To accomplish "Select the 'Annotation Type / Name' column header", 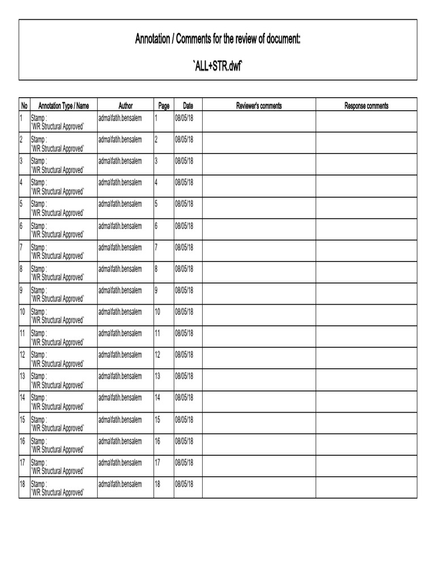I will (64, 106).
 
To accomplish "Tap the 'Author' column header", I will (125, 106).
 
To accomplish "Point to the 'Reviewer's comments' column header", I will (259, 106).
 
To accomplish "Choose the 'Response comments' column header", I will (366, 106).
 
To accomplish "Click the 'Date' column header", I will (188, 106).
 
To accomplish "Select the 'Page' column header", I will (164, 106).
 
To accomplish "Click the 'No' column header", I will (24, 106).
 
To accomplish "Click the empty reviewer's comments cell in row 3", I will (259, 165).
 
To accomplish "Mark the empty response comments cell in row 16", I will (366, 444).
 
